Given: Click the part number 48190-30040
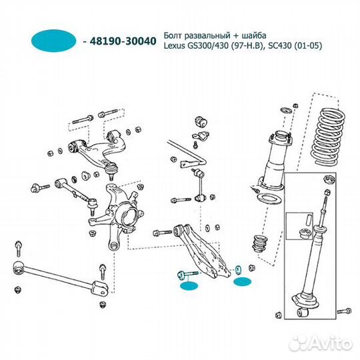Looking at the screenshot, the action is (x=123, y=41).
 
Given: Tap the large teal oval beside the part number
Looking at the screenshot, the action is (x=53, y=41).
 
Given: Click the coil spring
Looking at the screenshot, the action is (x=328, y=137).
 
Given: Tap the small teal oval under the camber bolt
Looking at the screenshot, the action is (x=189, y=286).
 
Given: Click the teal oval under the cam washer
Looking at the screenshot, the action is (x=243, y=281).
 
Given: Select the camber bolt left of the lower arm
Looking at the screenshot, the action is (x=188, y=275).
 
